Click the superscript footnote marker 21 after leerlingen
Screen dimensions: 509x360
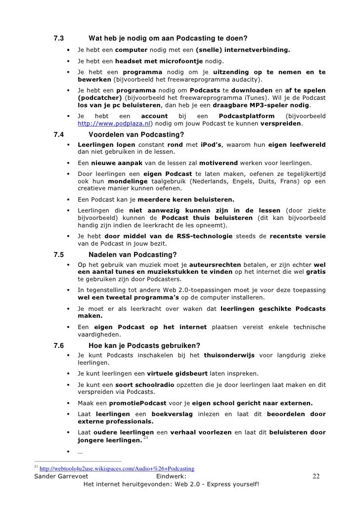pos(145,438)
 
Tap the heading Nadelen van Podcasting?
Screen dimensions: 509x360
pos(132,255)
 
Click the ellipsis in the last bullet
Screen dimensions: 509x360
pos(80,452)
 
